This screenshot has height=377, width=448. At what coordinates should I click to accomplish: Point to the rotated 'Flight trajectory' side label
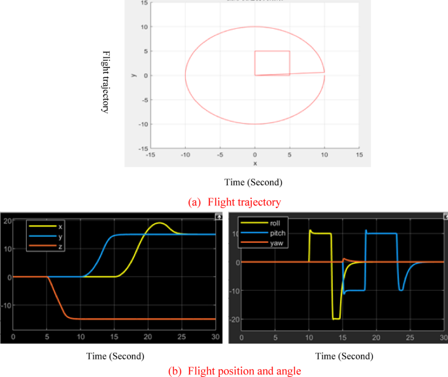(x=105, y=81)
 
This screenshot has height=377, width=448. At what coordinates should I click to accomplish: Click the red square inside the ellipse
(x=272, y=63)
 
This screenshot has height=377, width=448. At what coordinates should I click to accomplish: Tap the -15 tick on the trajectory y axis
(x=143, y=149)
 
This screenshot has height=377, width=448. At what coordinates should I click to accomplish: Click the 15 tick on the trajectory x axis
(x=358, y=155)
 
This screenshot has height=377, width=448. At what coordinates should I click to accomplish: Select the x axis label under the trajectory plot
(x=255, y=163)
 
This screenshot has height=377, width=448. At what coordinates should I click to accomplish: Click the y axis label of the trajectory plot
(x=133, y=75)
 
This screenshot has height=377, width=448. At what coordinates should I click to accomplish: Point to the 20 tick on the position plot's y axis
(x=7, y=221)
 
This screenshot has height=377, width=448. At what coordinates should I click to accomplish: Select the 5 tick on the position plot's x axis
(x=46, y=336)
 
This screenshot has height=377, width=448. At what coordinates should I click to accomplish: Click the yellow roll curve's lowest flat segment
(x=336, y=318)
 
